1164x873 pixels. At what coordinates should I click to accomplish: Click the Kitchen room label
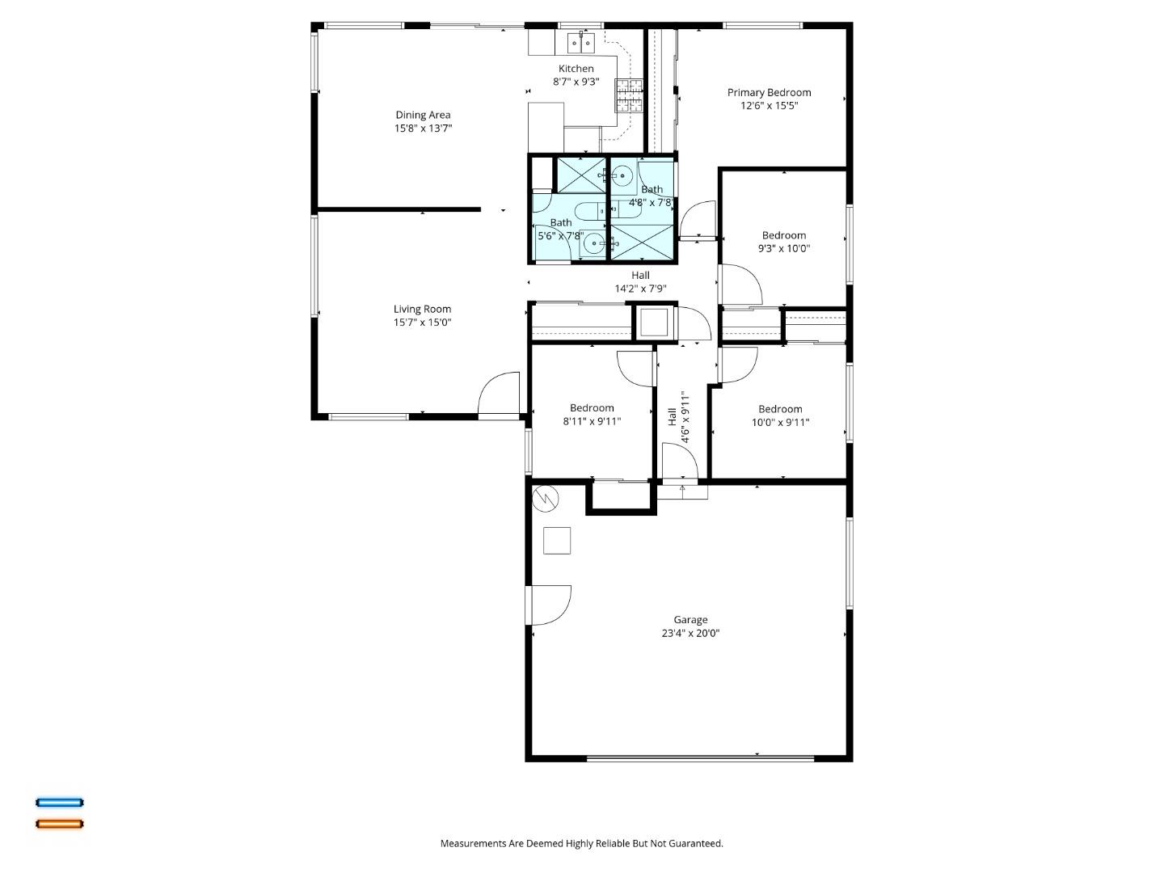tap(576, 69)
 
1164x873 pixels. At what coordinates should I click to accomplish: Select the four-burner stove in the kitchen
tap(630, 95)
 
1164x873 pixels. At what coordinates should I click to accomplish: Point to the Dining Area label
tap(423, 115)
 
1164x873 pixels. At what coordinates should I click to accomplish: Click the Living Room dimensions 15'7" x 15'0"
tap(422, 323)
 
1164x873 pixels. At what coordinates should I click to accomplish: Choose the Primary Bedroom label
tap(769, 92)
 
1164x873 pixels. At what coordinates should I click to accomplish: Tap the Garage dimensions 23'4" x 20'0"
tap(690, 634)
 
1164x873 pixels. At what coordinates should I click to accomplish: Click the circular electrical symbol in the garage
tap(546, 499)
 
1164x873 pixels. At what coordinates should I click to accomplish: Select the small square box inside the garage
tap(557, 541)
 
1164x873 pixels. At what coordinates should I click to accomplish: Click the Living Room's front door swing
tap(499, 394)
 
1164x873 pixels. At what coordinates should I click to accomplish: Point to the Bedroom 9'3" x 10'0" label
tap(783, 235)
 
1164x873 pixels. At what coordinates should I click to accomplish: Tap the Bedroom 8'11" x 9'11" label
tap(592, 408)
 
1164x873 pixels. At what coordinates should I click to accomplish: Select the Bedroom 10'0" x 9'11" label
tap(780, 409)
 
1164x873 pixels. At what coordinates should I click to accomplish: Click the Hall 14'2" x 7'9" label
tap(640, 276)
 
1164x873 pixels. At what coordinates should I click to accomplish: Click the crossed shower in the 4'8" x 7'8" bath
tap(641, 243)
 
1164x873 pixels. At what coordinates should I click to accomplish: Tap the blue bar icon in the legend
tap(59, 803)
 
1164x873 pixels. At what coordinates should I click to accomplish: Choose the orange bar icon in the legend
tap(59, 824)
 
